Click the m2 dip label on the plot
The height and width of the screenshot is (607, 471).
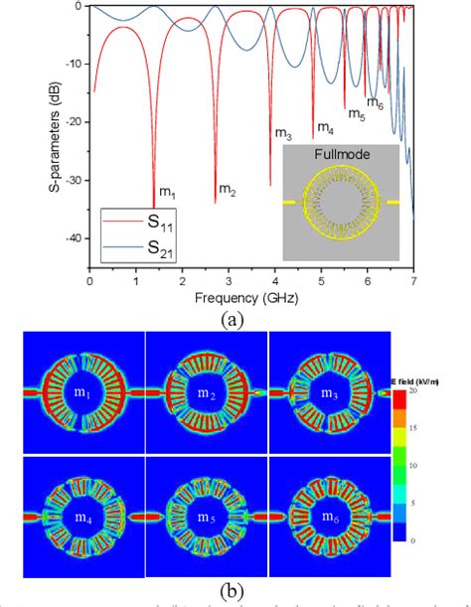pyautogui.click(x=228, y=189)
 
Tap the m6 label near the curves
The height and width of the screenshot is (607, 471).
pyautogui.click(x=375, y=102)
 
